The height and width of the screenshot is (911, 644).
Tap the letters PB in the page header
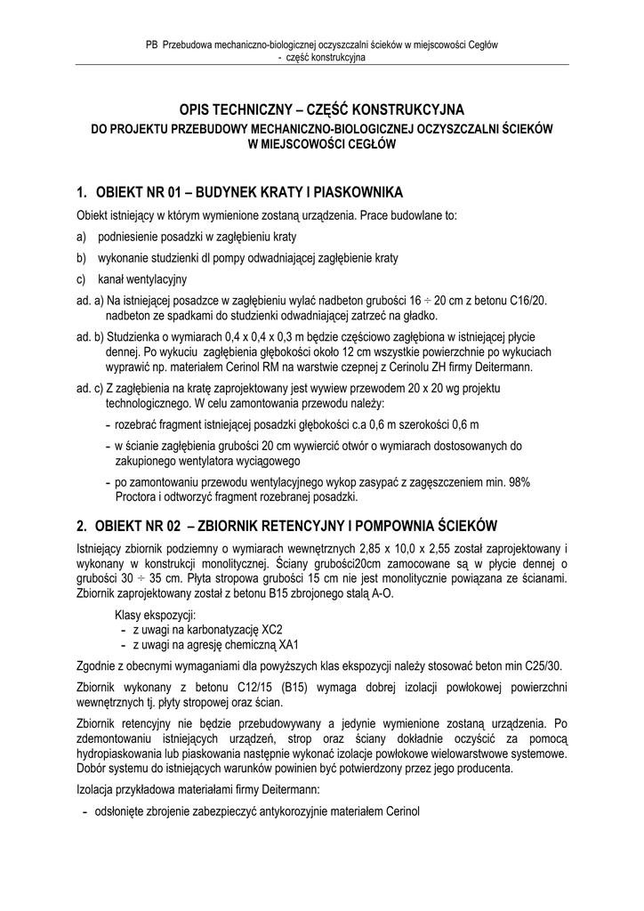click(x=150, y=44)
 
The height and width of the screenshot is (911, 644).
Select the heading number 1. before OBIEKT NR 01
click(x=82, y=192)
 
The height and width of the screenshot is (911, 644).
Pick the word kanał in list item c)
click(x=112, y=279)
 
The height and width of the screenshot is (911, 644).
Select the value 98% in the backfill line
click(x=515, y=481)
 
